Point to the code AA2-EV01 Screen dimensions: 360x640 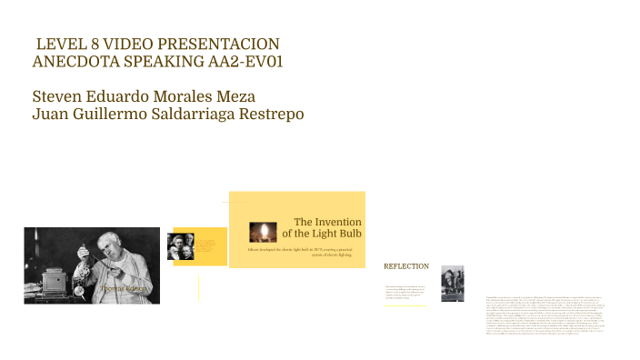tap(250, 62)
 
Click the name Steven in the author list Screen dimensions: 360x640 tap(57, 96)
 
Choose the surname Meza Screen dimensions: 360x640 tap(234, 96)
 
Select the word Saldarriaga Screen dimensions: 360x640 tap(181, 114)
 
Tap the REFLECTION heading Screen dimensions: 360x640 tap(406, 266)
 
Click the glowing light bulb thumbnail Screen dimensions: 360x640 tap(263, 231)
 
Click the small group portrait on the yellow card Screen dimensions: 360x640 tap(180, 246)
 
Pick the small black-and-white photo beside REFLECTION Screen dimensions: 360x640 tap(452, 284)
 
